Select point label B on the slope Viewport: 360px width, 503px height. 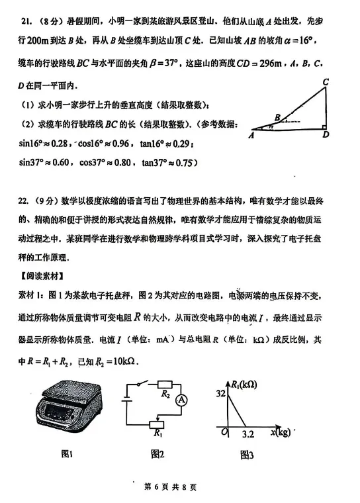[x=277, y=117]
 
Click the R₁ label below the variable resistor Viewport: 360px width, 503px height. [x=157, y=434]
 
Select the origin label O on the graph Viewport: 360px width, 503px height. [x=225, y=434]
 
